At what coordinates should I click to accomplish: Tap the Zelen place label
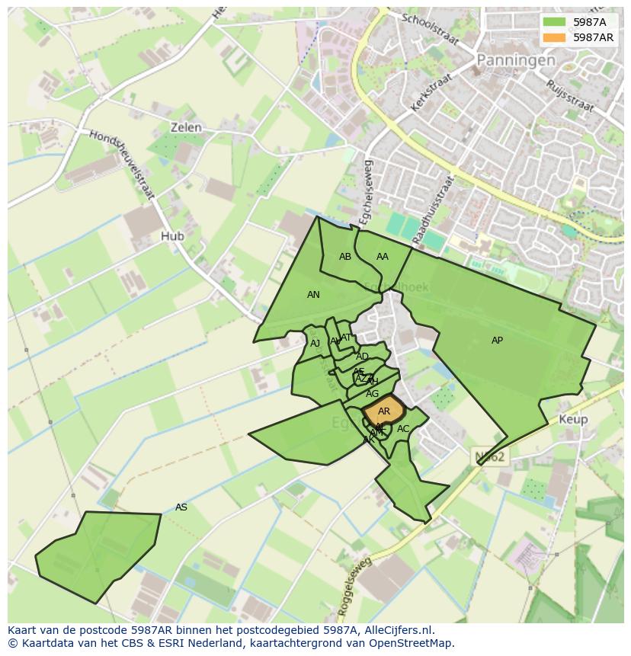pyautogui.click(x=186, y=127)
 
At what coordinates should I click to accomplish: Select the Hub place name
pyautogui.click(x=172, y=236)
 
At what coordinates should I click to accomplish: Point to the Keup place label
pyautogui.click(x=573, y=420)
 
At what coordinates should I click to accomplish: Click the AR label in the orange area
pyautogui.click(x=384, y=411)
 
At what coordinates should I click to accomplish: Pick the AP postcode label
pyautogui.click(x=497, y=341)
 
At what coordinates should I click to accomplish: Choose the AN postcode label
pyautogui.click(x=313, y=295)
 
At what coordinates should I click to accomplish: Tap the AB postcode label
pyautogui.click(x=345, y=257)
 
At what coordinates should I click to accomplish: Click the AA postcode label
pyautogui.click(x=383, y=257)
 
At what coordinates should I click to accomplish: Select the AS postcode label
pyautogui.click(x=181, y=507)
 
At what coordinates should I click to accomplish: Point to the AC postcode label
pyautogui.click(x=403, y=429)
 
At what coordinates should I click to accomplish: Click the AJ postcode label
pyautogui.click(x=315, y=344)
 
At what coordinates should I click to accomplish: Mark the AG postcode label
pyautogui.click(x=372, y=394)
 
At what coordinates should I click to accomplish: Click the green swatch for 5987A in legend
pyautogui.click(x=553, y=22)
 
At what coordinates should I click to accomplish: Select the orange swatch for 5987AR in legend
pyautogui.click(x=553, y=37)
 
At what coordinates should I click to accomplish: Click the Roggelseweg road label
pyautogui.click(x=353, y=586)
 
